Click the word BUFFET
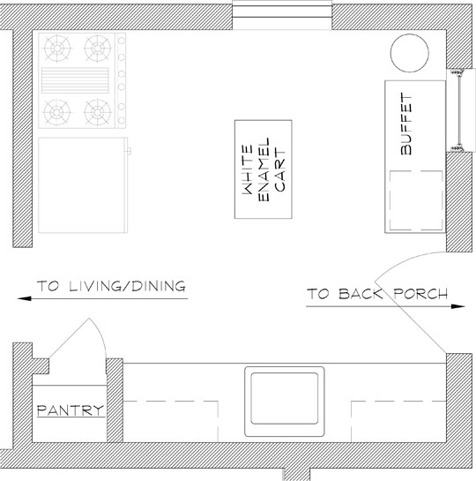point(406,124)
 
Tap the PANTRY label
point(71,410)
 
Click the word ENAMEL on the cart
point(264,169)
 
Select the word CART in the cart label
point(280,170)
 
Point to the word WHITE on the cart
point(248,169)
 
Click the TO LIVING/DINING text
point(111,286)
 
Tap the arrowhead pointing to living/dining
point(24,298)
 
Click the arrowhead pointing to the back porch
point(458,306)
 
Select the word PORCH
point(420,294)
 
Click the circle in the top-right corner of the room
point(410,53)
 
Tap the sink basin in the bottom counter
point(284,399)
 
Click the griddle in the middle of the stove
point(75,80)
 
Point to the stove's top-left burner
point(57,49)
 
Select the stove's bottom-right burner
point(98,112)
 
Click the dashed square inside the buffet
point(416,200)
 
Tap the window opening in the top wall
point(282,15)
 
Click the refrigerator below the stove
point(84,185)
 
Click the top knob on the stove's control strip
point(122,41)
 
